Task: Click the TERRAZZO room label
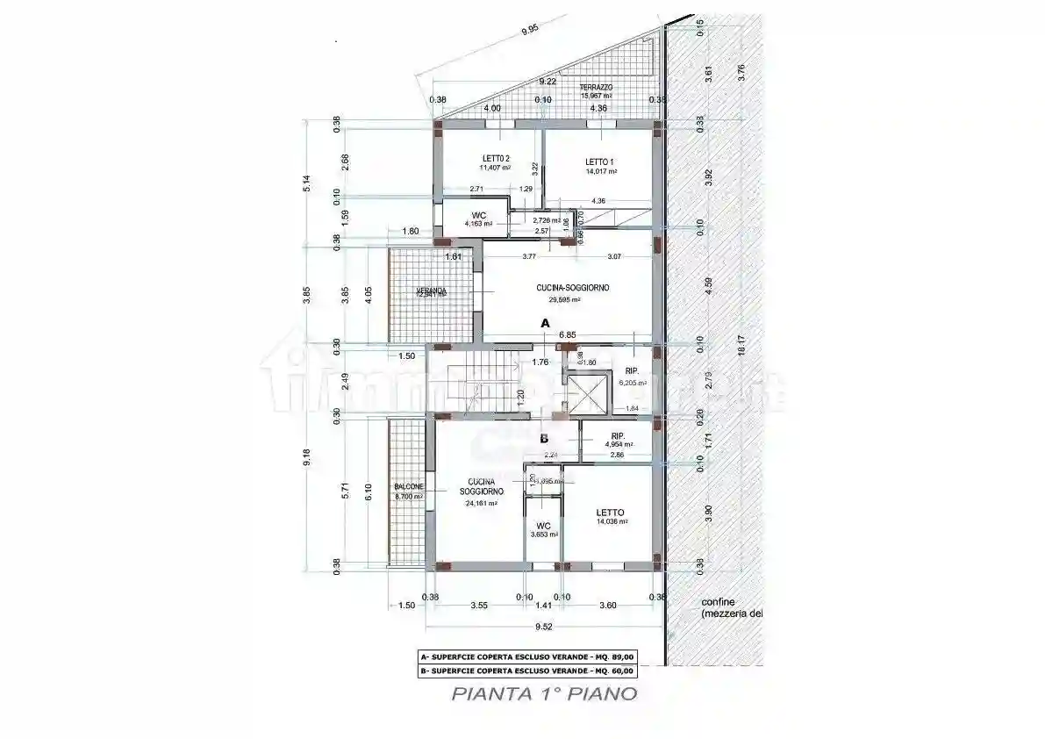pos(596,88)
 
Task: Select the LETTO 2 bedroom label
pos(496,158)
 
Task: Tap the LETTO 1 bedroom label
pos(600,162)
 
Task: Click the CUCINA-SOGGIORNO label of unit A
pos(573,288)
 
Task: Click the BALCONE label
pos(409,486)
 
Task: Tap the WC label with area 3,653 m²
pos(543,526)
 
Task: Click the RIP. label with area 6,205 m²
pos(631,372)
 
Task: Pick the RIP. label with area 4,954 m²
pos(618,437)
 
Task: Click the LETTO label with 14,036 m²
pos(610,513)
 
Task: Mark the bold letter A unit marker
pos(544,323)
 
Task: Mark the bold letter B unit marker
pos(544,438)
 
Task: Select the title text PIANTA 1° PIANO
pos(544,693)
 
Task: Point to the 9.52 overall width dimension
pos(541,628)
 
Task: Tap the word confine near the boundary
pos(718,602)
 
